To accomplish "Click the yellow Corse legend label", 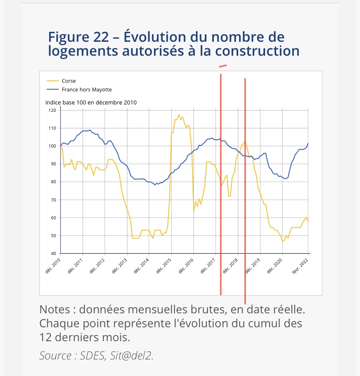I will tap(69, 81).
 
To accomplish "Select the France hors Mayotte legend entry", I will tap(87, 90).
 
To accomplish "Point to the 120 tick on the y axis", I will tap(52, 111).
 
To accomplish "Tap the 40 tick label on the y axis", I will tap(53, 254).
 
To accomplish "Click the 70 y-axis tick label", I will tap(53, 200).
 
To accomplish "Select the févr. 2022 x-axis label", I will tap(301, 266).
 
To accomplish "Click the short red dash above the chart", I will tap(223, 66).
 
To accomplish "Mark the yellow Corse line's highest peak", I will tap(179, 115).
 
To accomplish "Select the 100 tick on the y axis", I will tap(52, 146).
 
